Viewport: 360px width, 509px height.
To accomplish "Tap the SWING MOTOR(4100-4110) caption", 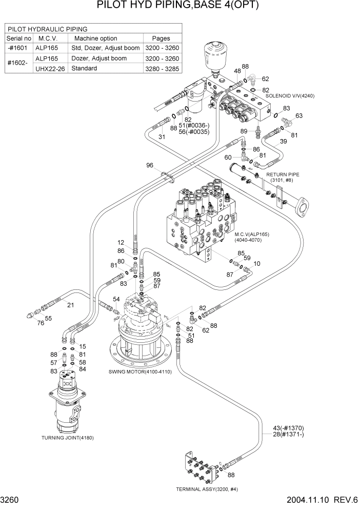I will pyautogui.click(x=140, y=371).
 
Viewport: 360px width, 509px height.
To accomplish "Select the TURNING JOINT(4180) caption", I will pyautogui.click(x=67, y=438).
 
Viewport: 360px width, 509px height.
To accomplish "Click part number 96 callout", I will pyautogui.click(x=150, y=165).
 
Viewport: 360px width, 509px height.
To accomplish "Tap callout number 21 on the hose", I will pyautogui.click(x=71, y=305).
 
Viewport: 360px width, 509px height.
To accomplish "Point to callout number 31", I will pyautogui.click(x=162, y=136).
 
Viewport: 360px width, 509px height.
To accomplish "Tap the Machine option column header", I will pyautogui.click(x=96, y=38).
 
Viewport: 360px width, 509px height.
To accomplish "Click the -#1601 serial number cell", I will pyautogui.click(x=19, y=48).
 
